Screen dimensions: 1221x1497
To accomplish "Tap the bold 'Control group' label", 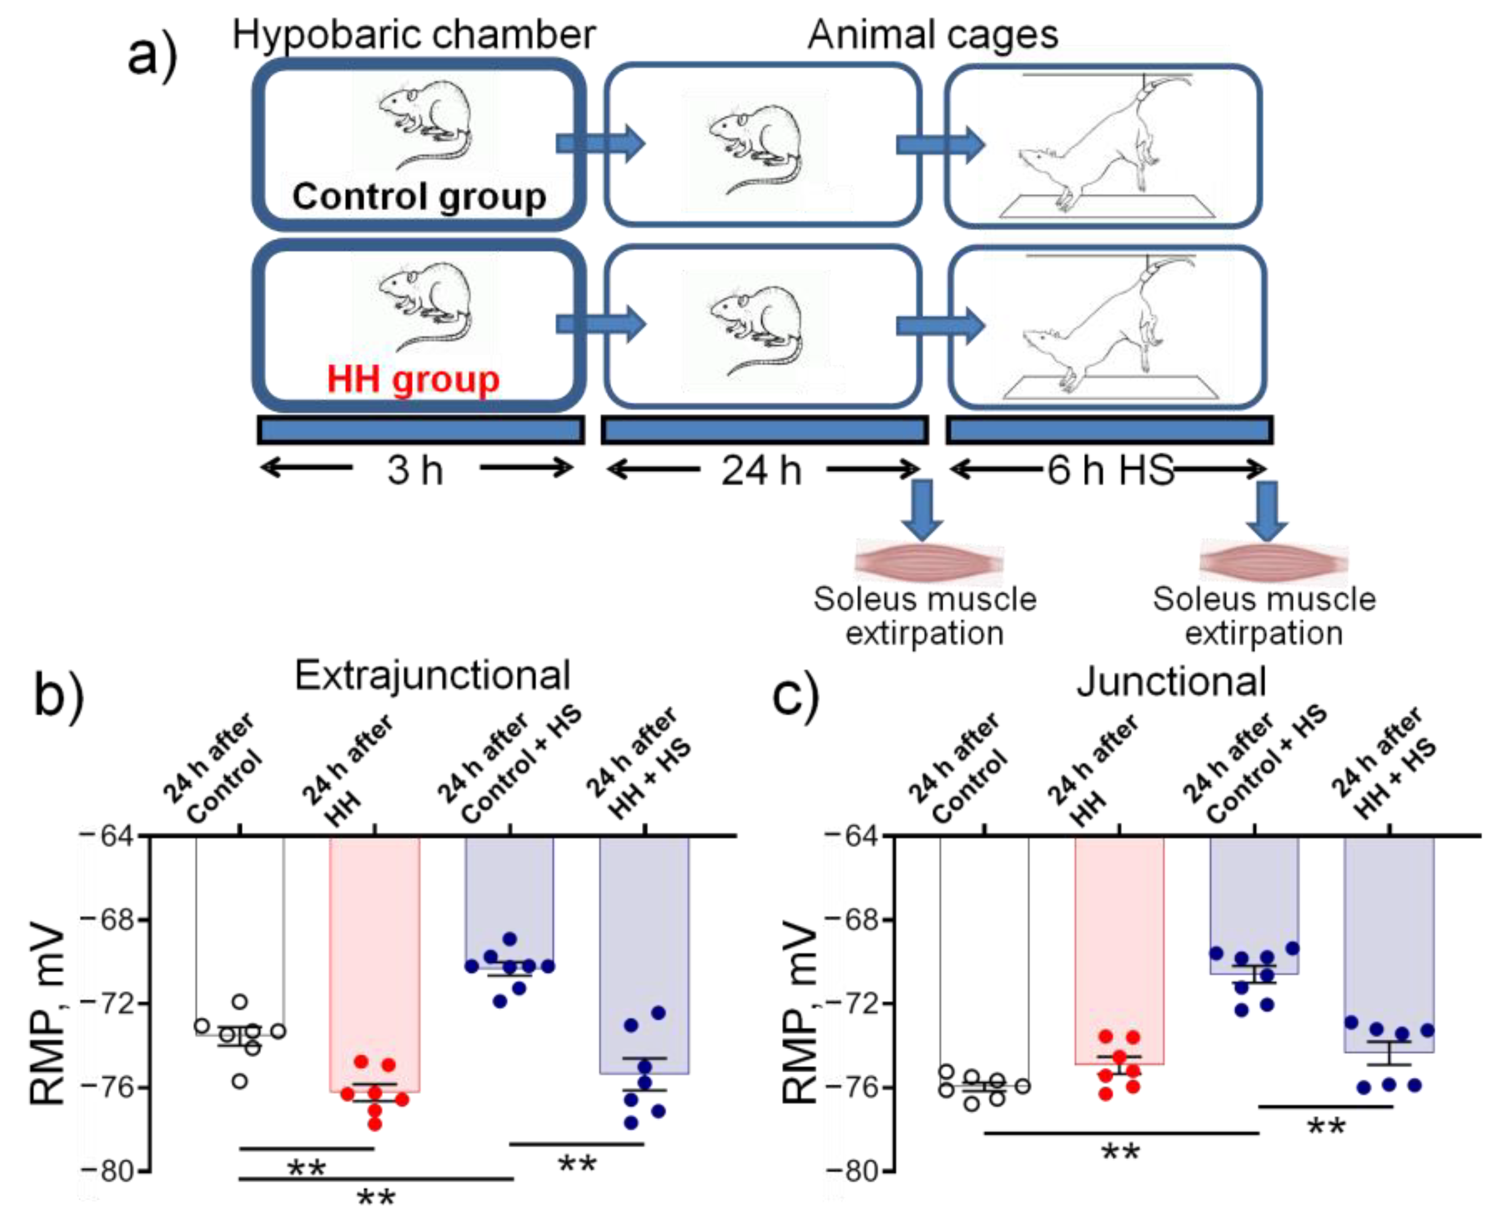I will click(419, 196).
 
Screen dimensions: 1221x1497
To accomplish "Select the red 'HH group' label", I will click(413, 379).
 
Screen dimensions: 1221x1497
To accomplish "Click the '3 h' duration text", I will click(415, 471).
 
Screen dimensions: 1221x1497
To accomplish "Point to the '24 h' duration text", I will click(761, 471).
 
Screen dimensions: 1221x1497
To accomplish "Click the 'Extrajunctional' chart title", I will click(432, 676).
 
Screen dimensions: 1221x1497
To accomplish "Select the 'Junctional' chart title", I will click(1171, 681).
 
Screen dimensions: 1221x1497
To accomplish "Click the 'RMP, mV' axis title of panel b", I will click(49, 1020).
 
